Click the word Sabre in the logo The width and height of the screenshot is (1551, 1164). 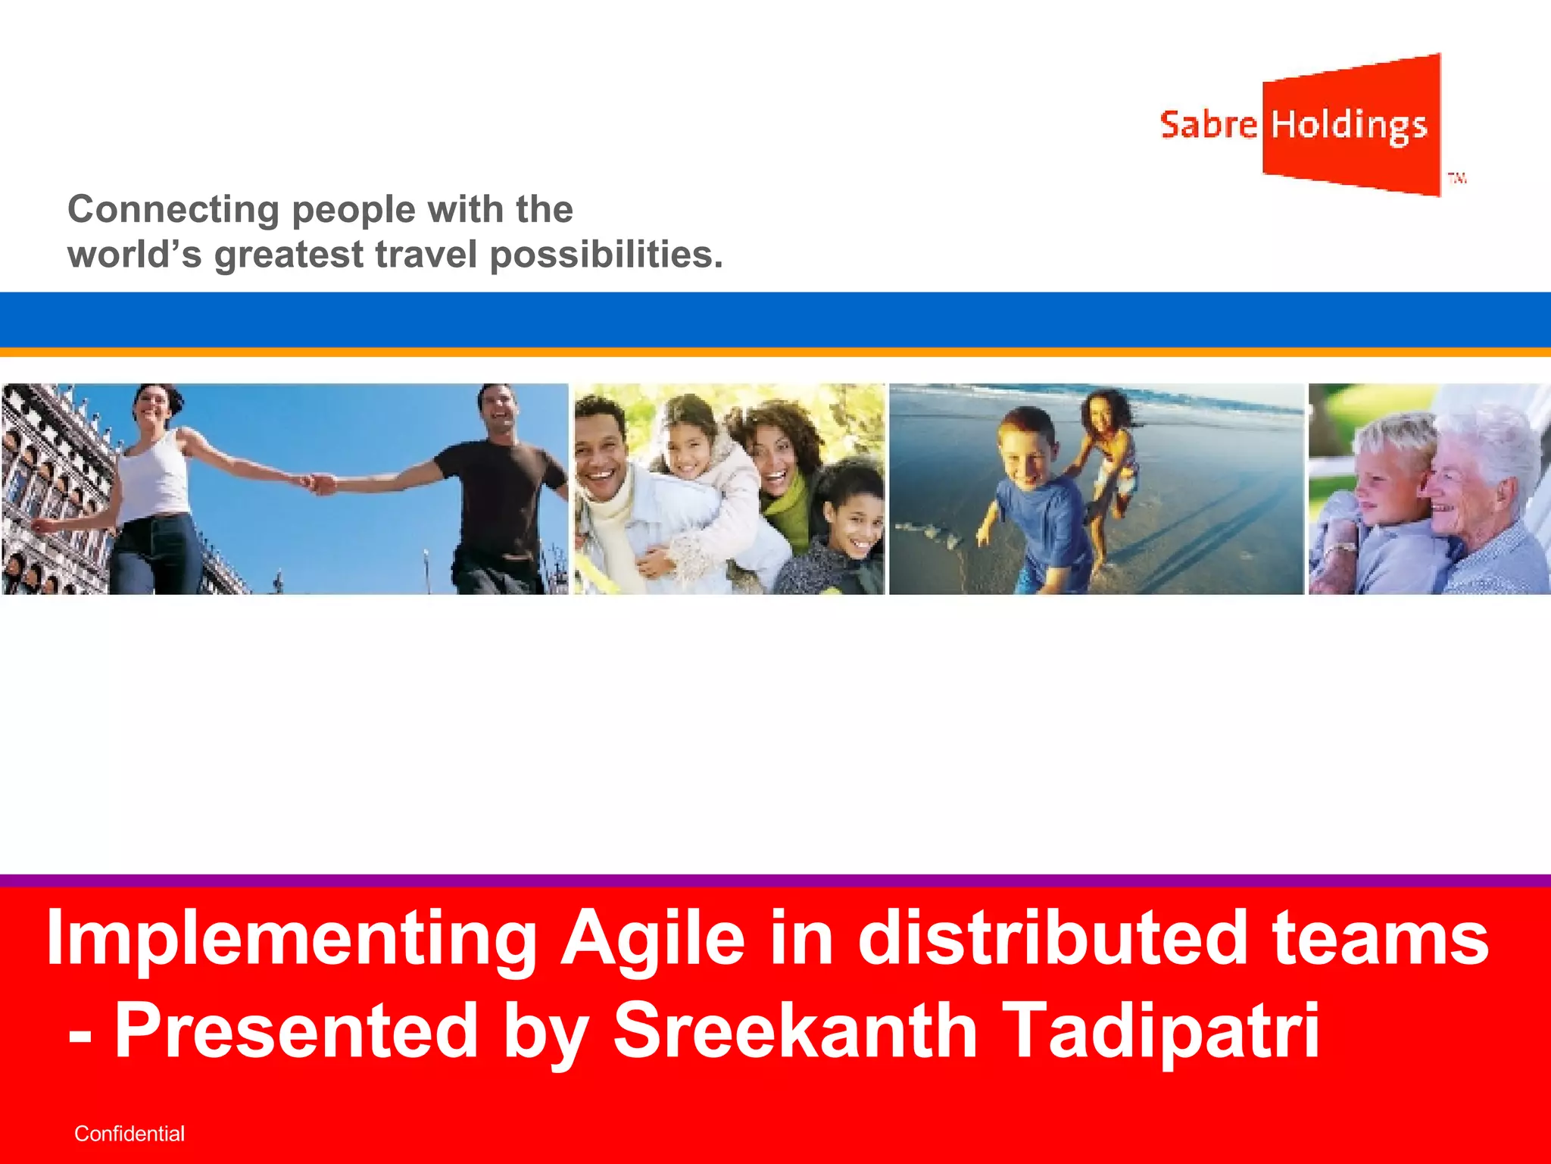[x=1207, y=125]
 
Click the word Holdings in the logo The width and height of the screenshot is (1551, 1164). [x=1349, y=126]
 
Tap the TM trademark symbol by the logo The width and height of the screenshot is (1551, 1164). [x=1457, y=179]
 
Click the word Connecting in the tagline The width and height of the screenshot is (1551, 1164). [x=173, y=210]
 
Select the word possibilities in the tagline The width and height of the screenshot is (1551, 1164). [x=606, y=255]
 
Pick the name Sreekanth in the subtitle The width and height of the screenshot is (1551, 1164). [x=795, y=1031]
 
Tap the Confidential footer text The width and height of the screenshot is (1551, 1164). [x=130, y=1134]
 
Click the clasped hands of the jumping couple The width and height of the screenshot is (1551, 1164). [x=322, y=483]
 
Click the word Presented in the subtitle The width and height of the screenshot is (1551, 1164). [x=296, y=1031]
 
